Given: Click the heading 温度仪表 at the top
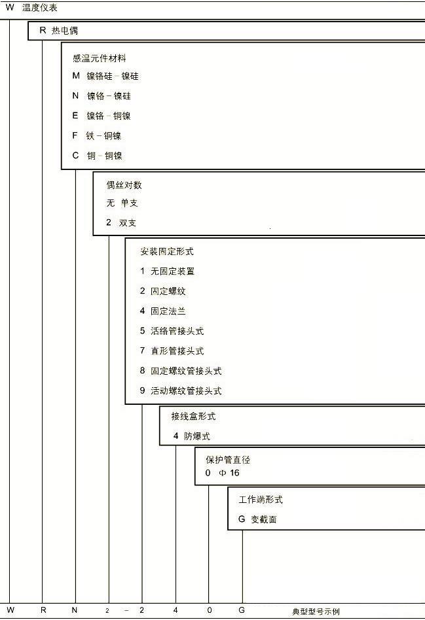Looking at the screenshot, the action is (39, 7).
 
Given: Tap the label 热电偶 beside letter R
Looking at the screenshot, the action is (65, 31).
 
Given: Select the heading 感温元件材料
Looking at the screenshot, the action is (100, 58).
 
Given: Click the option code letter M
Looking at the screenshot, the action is (76, 75).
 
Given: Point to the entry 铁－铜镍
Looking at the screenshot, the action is (103, 135).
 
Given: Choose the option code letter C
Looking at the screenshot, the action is (75, 156).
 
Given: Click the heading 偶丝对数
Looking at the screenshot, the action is (124, 185).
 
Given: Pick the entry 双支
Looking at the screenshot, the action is (128, 223).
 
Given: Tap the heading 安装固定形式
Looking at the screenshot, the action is (167, 252).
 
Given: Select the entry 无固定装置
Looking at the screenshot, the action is (173, 271).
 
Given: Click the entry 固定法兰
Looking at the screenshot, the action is (168, 311).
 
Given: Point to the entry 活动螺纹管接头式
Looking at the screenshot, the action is (186, 390).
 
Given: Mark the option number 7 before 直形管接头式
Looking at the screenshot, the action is (143, 351).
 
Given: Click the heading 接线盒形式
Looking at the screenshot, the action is (193, 416).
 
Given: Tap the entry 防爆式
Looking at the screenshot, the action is (197, 436).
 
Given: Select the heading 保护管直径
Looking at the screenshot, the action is (228, 460).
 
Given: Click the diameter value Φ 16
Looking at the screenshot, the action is (229, 473).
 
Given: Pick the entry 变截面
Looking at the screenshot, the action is (264, 519).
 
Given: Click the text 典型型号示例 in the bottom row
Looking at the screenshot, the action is (316, 611).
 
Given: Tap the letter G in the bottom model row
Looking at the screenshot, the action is (242, 610).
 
